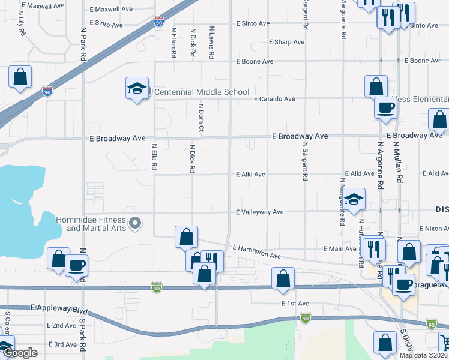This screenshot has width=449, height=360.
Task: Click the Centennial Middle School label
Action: pos(202,92)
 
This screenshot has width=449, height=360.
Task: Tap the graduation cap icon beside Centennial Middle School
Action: pos(137,89)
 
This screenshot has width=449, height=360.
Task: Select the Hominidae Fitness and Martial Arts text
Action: pos(91,224)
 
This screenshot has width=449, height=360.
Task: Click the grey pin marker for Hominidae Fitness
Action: pos(136,224)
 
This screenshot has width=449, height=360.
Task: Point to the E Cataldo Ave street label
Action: pos(274,99)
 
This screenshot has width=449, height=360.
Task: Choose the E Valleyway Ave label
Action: pos(259,212)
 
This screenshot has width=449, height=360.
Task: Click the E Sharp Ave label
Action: pos(288,42)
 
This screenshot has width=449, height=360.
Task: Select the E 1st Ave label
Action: pos(295,304)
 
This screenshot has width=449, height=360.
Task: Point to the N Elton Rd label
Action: pos(173,43)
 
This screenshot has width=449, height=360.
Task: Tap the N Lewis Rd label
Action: pos(212,42)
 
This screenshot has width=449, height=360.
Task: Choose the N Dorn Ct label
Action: pos(202,118)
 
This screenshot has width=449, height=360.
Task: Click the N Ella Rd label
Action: pos(154,157)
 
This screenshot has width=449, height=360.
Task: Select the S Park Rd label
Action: pos(83,339)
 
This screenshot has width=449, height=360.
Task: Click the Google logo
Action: pos(19,353)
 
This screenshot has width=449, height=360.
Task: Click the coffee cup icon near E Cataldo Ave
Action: pos(385,108)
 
